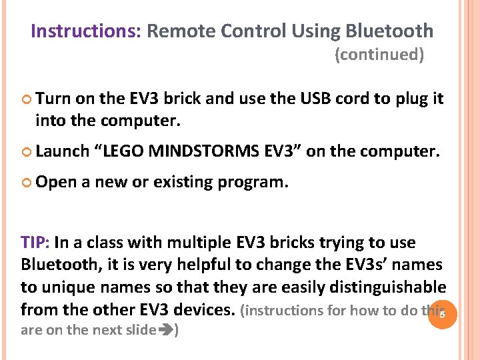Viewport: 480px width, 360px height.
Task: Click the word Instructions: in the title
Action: (85, 31)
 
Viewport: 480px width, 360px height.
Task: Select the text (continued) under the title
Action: (379, 55)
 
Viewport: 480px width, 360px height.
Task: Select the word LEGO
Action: (123, 152)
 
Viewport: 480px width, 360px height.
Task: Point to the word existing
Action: (184, 181)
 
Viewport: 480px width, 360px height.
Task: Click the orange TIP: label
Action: (36, 242)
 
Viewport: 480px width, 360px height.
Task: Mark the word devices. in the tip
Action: (204, 310)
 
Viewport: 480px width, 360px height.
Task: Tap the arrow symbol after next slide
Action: (165, 330)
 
